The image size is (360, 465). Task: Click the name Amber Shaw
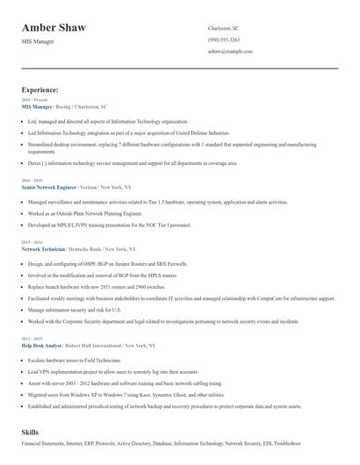[x=54, y=28]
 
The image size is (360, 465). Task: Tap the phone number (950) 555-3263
[x=223, y=40]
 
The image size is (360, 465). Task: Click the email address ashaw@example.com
[x=230, y=52]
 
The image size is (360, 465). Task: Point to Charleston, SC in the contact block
[x=223, y=28]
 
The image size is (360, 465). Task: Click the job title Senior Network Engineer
[x=48, y=187]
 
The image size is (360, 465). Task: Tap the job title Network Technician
[x=43, y=249]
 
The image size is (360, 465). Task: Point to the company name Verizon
[x=90, y=187]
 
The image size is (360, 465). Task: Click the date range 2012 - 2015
[x=31, y=314]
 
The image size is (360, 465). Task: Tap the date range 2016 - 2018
[x=31, y=180]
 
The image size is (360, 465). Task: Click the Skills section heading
[x=31, y=433]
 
